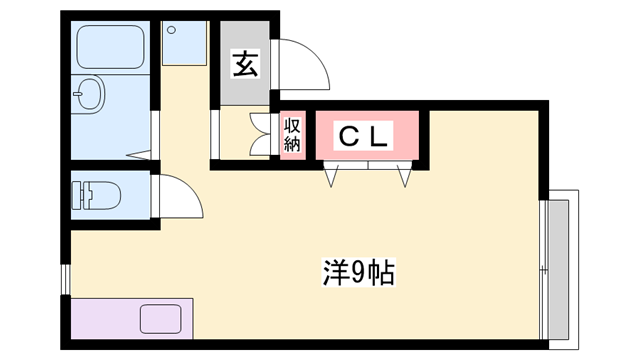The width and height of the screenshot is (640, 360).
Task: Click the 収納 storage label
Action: coord(292,134)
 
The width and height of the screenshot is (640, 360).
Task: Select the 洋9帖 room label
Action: coord(358,270)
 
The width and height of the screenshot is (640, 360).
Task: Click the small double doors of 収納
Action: coord(262,134)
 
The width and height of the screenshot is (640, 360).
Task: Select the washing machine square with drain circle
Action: coord(185,42)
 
